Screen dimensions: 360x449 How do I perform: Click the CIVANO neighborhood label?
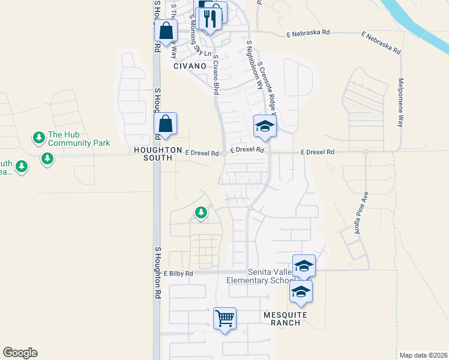[x=190, y=66]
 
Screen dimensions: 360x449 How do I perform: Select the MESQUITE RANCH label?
[x=285, y=319]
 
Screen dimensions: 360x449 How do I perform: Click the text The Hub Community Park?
[x=79, y=139]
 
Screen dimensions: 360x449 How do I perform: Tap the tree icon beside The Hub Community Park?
[x=39, y=138]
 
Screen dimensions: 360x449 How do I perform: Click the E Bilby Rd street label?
[x=179, y=274]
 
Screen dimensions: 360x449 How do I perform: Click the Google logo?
[x=20, y=353]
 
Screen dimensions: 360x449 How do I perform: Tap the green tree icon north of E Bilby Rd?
[x=200, y=212]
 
